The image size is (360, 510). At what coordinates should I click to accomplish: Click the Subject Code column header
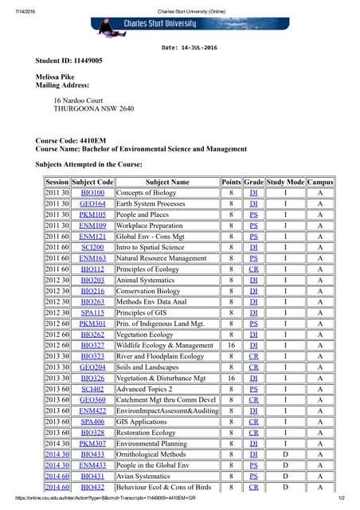click(93, 182)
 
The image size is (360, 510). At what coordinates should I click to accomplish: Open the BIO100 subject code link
click(93, 193)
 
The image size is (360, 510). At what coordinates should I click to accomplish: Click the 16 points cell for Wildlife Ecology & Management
click(231, 345)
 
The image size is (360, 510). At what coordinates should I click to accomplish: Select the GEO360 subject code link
click(93, 399)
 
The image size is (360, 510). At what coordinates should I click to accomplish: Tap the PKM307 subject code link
click(93, 443)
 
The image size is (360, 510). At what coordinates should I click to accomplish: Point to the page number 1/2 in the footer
click(342, 498)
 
